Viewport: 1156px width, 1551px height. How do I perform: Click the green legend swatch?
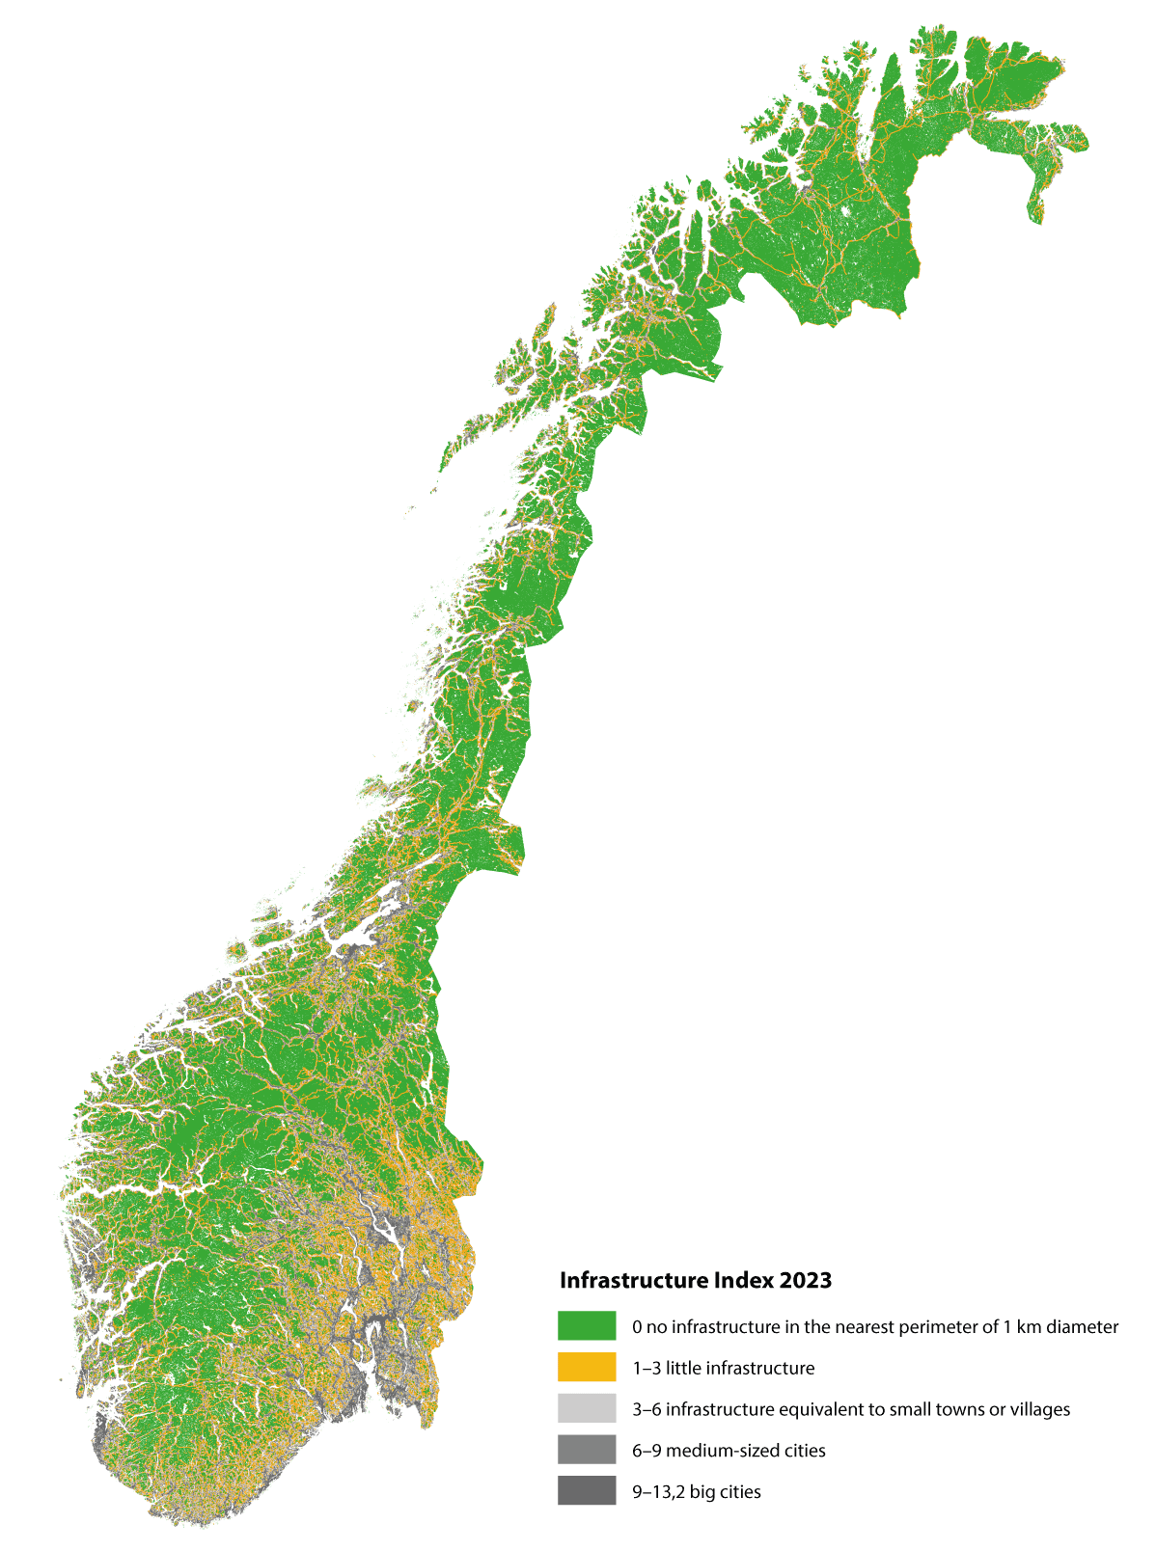click(586, 1325)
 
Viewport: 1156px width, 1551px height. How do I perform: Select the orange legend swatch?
click(586, 1367)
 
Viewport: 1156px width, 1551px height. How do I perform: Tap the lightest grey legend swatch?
click(586, 1408)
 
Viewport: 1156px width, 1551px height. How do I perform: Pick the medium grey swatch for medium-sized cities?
click(586, 1450)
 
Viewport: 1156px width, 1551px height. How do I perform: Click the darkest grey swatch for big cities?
click(586, 1491)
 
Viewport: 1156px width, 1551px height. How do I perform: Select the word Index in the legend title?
click(743, 1281)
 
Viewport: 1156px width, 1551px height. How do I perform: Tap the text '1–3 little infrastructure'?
click(724, 1368)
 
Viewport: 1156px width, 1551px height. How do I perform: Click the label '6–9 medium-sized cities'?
click(729, 1451)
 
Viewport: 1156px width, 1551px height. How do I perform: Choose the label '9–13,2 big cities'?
click(697, 1492)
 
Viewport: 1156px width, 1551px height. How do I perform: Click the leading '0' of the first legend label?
click(637, 1327)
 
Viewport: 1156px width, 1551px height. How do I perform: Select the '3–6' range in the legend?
click(647, 1409)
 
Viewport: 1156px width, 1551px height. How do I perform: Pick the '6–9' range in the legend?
click(647, 1451)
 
